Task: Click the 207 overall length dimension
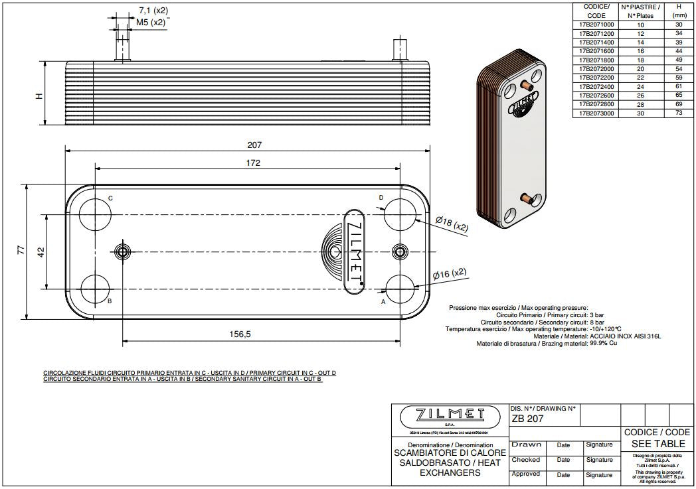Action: click(x=254, y=145)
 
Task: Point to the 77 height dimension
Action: click(x=21, y=251)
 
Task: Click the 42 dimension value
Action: click(x=41, y=253)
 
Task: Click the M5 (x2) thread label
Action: click(x=151, y=22)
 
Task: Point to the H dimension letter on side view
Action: click(x=39, y=96)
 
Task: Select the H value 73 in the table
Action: click(x=678, y=113)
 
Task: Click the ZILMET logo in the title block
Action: click(x=449, y=415)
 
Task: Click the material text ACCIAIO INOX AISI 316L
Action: click(x=626, y=336)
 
